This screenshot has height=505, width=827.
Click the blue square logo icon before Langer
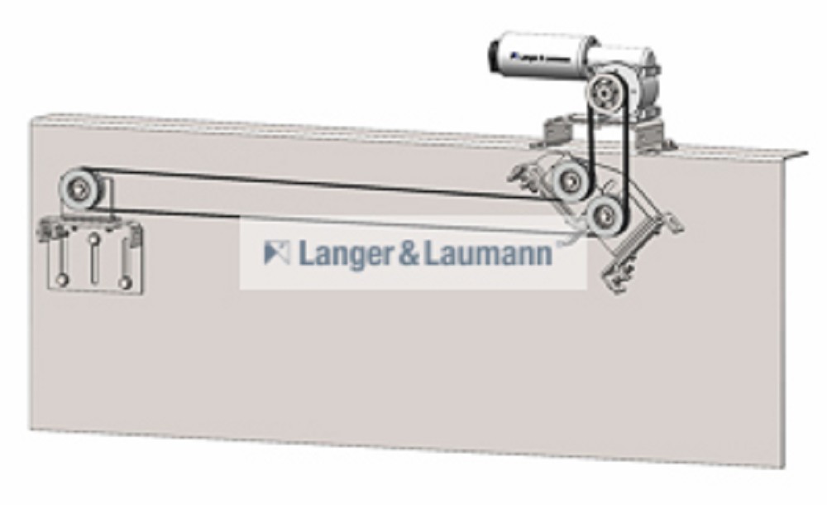[x=277, y=252]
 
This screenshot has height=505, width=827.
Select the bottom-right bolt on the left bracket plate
[x=125, y=283]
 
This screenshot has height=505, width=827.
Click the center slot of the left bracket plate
[x=93, y=265]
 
